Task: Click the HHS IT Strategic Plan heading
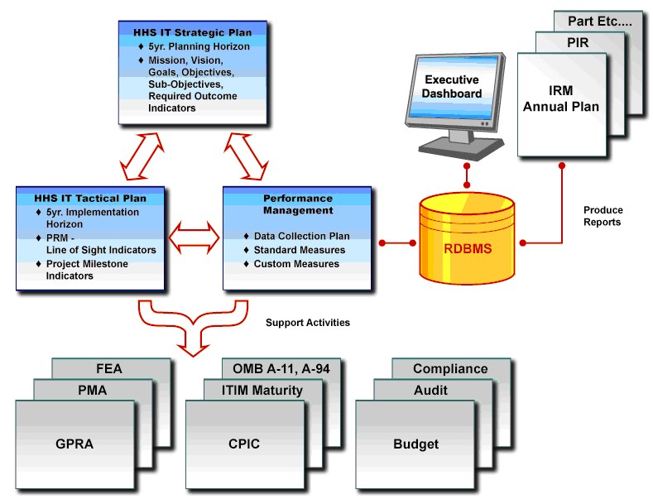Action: [192, 32]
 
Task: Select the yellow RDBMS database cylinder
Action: [468, 238]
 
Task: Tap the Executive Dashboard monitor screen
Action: [454, 87]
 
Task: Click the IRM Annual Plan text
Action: [561, 98]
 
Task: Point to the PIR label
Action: [578, 42]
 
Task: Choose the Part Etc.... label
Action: [600, 22]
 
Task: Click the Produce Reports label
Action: [603, 216]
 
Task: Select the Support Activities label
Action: [308, 323]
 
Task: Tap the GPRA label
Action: [74, 444]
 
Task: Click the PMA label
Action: [93, 391]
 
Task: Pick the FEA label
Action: [109, 368]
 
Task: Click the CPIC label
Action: [244, 444]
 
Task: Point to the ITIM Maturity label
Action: [262, 391]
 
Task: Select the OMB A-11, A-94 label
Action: [281, 368]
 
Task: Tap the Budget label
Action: [416, 444]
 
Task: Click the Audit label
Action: [430, 391]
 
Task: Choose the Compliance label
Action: [450, 369]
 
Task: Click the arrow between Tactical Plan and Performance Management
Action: [194, 238]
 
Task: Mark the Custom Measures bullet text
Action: [296, 264]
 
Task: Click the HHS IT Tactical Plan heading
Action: [90, 199]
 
